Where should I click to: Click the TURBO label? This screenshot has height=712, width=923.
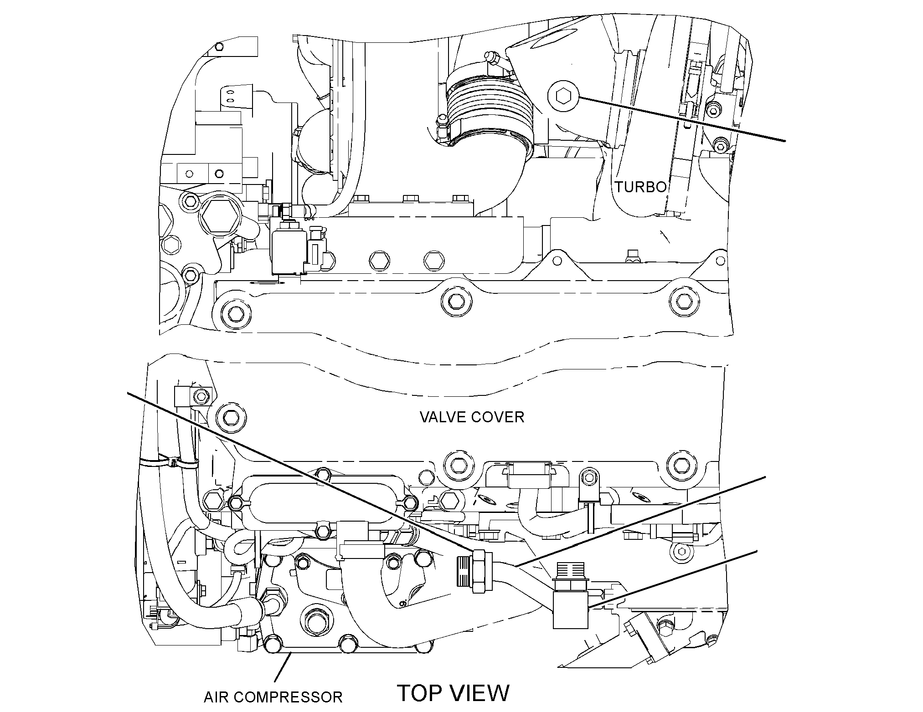pyautogui.click(x=641, y=187)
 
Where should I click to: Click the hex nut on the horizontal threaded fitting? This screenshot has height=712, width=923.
pyautogui.click(x=481, y=571)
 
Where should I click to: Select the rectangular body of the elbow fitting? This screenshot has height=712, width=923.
pyautogui.click(x=570, y=610)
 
